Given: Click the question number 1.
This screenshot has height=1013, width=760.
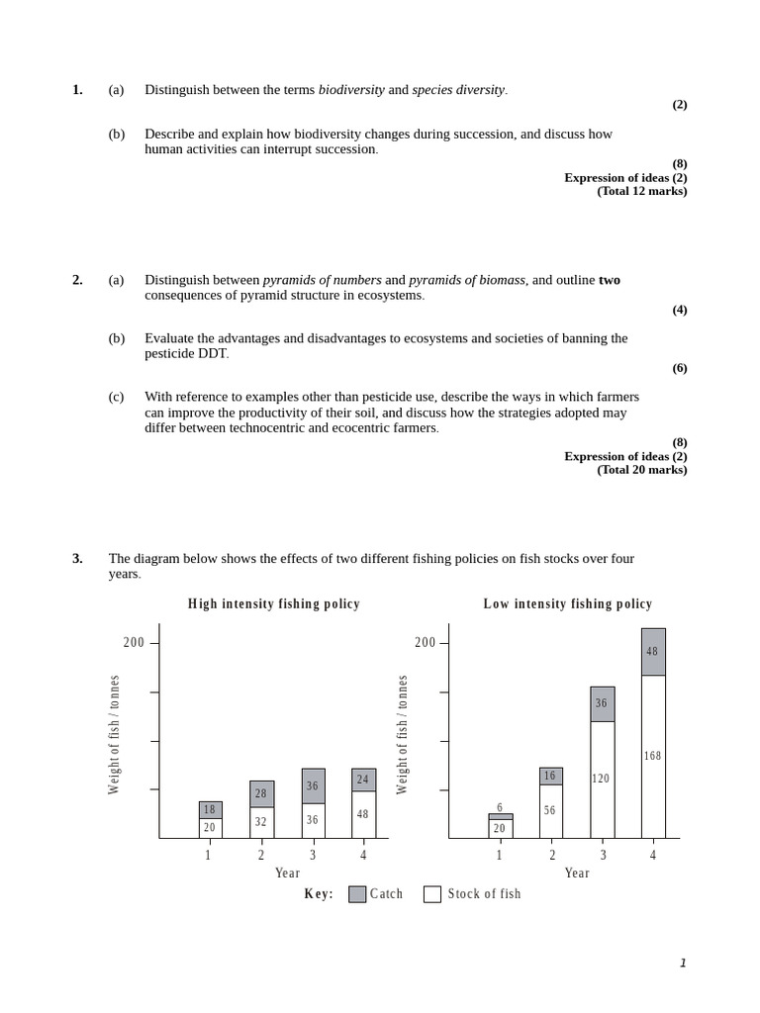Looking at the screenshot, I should click(77, 90).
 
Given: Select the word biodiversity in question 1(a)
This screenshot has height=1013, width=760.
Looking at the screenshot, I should click(350, 90).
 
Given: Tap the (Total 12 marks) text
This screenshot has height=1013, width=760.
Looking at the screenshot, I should click(641, 191).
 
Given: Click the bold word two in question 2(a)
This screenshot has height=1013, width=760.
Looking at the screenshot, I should click(609, 280).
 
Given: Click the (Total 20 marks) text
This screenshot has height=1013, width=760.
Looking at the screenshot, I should click(641, 470).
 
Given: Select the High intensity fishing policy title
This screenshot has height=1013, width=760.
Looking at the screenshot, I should click(274, 603).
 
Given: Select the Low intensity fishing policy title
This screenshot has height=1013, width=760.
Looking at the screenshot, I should click(567, 603).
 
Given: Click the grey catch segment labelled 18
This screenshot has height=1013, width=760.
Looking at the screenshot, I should click(210, 809).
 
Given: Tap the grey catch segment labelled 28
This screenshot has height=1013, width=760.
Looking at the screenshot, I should click(261, 793).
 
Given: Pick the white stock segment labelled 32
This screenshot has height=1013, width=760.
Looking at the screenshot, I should click(261, 822).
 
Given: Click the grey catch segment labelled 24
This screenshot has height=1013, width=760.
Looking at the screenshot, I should click(363, 780).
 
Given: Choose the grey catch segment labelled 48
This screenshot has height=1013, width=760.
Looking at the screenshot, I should click(653, 652).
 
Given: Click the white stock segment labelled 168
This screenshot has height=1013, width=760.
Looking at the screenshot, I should click(653, 757).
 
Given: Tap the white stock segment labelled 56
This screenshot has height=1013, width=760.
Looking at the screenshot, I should click(550, 811).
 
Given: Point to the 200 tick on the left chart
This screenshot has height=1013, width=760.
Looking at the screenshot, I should click(135, 643).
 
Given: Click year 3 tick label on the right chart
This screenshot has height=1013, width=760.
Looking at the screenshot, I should click(603, 855).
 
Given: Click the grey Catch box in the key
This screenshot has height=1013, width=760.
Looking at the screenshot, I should click(357, 894).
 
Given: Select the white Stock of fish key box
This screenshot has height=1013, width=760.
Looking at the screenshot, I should click(432, 894).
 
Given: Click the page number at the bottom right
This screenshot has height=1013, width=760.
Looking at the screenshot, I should click(683, 964).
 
